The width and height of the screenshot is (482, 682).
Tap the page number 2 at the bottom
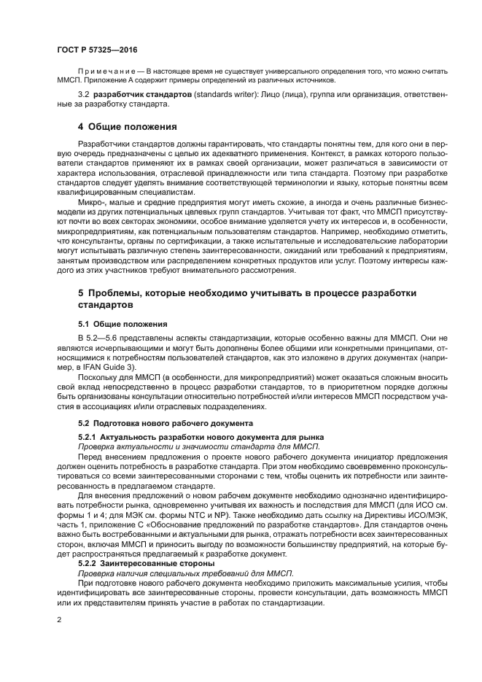(x=60, y=619)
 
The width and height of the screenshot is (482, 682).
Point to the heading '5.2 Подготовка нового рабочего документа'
(x=166, y=423)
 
